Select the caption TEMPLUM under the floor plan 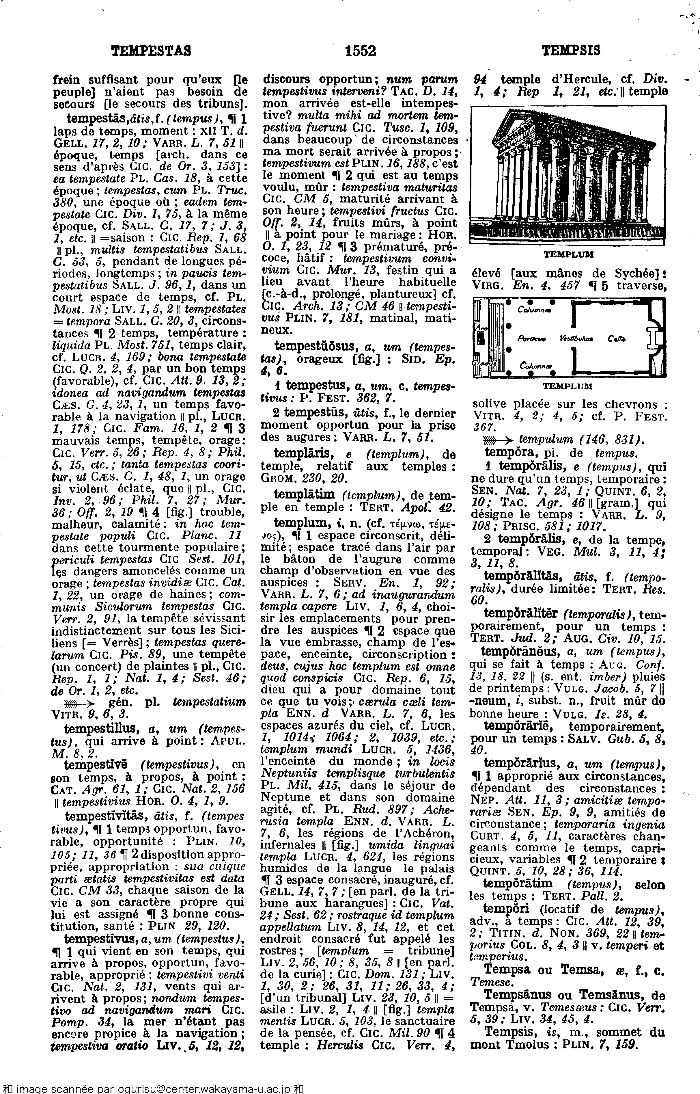click(x=568, y=386)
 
